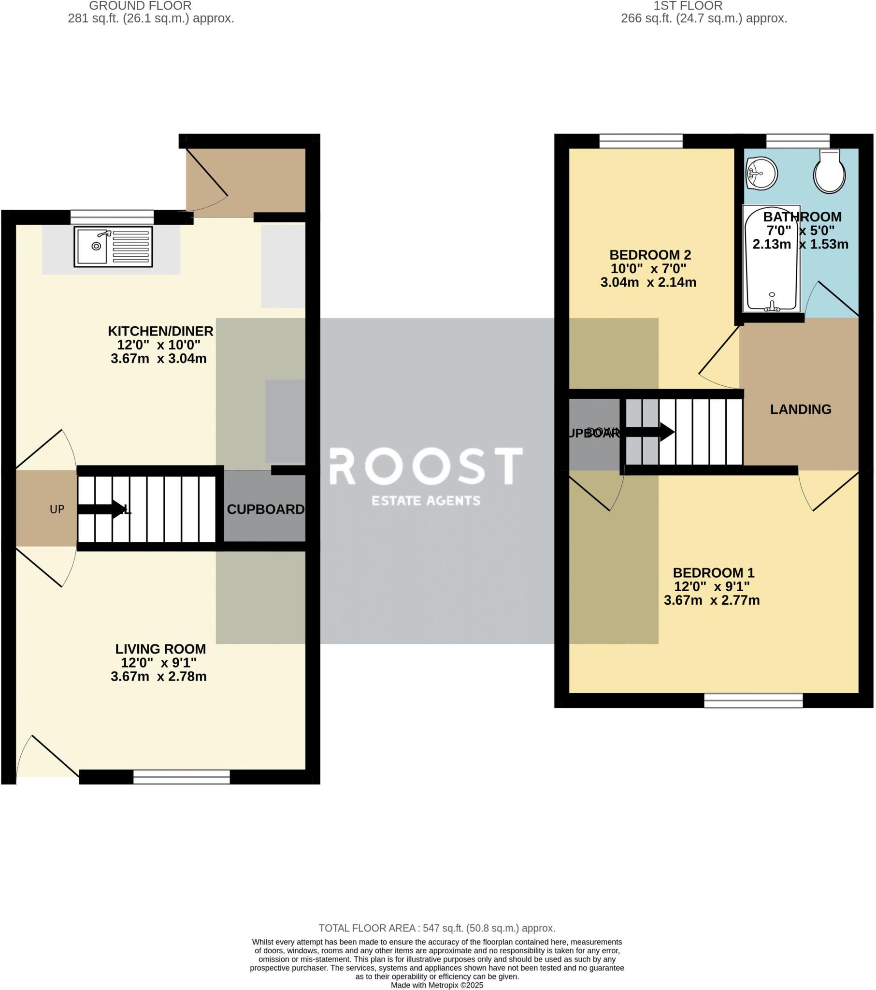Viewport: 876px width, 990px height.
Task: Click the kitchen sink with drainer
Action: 113,247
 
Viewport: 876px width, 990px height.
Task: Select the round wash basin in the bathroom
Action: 761,173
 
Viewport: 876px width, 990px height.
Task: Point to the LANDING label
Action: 801,409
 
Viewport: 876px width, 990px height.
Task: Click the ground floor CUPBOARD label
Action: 265,509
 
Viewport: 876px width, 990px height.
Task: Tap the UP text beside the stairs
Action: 57,509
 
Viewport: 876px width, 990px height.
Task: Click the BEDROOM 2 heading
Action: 650,255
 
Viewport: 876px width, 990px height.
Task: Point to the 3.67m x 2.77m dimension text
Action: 711,600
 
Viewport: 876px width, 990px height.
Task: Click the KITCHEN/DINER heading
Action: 160,331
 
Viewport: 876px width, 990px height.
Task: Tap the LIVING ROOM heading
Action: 160,649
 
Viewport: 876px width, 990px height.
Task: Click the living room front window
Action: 182,777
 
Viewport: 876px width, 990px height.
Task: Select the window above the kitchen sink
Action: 112,217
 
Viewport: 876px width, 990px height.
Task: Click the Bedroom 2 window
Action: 641,141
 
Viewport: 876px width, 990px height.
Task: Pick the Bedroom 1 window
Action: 753,700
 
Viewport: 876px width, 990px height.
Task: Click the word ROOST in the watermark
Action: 426,466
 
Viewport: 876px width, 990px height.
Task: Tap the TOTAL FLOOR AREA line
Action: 437,929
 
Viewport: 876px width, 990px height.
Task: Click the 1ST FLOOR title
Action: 688,6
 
